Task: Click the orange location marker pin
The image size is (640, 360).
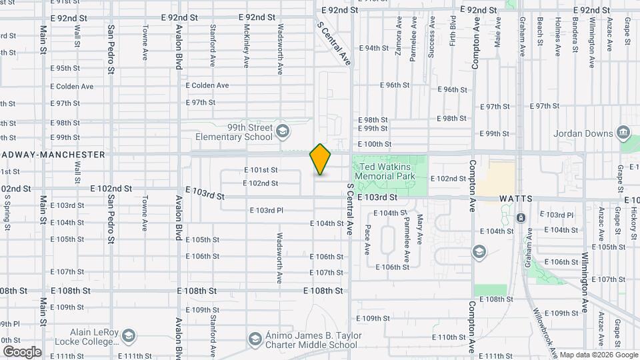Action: (x=321, y=159)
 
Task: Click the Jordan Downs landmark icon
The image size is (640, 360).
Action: (x=624, y=133)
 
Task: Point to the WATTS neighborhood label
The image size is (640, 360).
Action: (x=515, y=199)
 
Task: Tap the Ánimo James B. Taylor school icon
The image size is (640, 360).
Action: (x=254, y=339)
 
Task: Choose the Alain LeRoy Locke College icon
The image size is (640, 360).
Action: (x=129, y=335)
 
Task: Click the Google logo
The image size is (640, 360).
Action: (x=22, y=352)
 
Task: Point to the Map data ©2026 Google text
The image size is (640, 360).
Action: (x=598, y=355)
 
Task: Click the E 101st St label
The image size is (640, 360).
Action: (x=261, y=170)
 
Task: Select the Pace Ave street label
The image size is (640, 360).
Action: (x=367, y=239)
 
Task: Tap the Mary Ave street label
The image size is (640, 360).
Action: (x=419, y=228)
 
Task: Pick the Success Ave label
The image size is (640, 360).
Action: (x=431, y=41)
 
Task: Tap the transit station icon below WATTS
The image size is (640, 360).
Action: (x=521, y=217)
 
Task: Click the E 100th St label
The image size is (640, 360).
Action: (x=375, y=144)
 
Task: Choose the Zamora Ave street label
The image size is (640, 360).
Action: (x=398, y=41)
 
